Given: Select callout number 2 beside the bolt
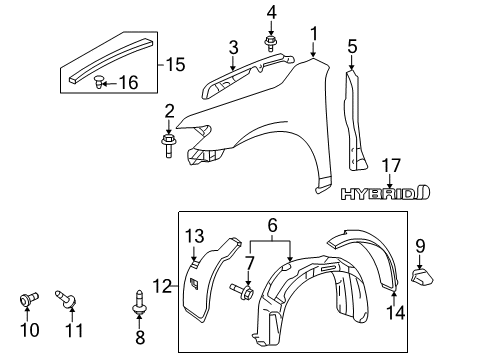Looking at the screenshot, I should point(170,110).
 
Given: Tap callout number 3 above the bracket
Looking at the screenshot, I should point(233,47).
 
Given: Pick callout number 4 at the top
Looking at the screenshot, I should point(271,12).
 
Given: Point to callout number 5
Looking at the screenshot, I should point(351,47).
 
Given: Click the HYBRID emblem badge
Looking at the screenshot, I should point(384,191).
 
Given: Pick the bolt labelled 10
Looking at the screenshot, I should point(28,297).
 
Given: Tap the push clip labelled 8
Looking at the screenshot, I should point(137,298).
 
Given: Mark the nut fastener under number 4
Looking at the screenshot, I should point(271,42).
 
